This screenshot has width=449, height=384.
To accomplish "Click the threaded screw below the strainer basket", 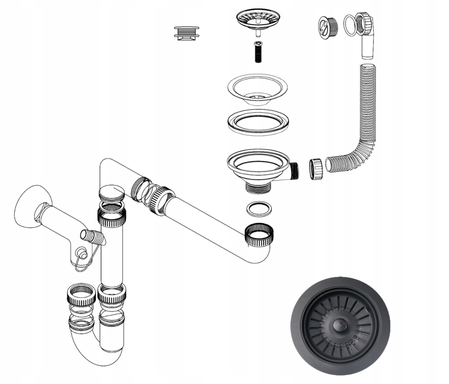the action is [x=257, y=52].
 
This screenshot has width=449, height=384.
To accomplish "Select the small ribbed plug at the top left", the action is [x=187, y=32].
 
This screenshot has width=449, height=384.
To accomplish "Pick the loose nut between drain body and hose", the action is [x=315, y=169].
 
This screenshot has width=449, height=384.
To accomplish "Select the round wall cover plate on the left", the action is [x=31, y=207].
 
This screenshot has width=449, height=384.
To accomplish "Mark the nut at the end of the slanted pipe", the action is [x=259, y=236].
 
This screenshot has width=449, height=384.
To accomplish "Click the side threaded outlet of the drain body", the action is [x=294, y=171].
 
